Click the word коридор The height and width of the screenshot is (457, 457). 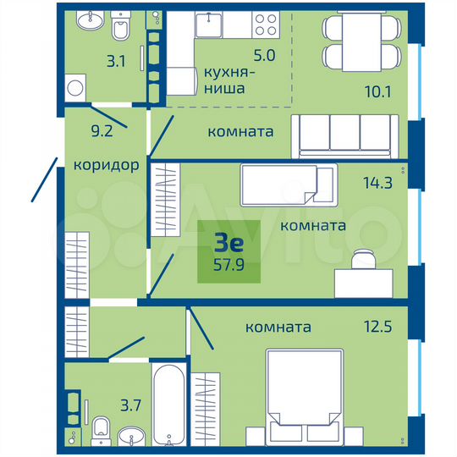106,165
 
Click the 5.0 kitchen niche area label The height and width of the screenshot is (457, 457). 265,58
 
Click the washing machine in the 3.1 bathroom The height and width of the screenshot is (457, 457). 78,87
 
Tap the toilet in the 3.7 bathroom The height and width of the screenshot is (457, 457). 100,427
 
